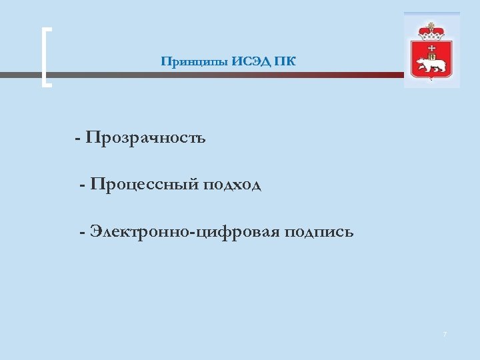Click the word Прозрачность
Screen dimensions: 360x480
(x=145, y=138)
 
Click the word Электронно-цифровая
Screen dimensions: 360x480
(x=185, y=232)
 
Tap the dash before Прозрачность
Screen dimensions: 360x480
(x=79, y=139)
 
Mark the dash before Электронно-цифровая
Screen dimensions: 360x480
(x=82, y=233)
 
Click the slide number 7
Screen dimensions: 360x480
(x=445, y=333)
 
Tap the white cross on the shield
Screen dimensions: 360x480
(x=432, y=49)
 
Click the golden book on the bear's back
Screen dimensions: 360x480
(x=431, y=57)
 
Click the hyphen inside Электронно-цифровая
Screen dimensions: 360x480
(x=189, y=233)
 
